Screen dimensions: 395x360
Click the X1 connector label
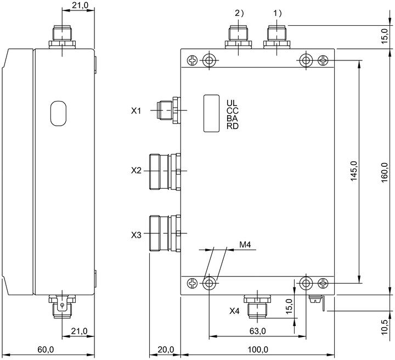click(136, 111)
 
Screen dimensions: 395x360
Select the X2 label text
click(136, 171)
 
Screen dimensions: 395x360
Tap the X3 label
click(136, 235)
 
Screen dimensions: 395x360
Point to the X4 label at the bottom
click(234, 311)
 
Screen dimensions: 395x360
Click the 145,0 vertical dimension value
click(354, 171)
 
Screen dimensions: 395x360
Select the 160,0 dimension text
click(385, 172)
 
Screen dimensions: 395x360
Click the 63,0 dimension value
click(257, 331)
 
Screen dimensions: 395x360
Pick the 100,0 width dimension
click(258, 350)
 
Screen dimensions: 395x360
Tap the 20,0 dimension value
click(166, 350)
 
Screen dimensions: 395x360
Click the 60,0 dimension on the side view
click(46, 350)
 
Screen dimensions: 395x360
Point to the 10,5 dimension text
click(385, 327)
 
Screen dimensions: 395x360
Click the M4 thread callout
click(245, 244)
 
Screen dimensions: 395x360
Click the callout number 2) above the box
click(240, 13)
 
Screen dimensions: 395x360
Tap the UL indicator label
click(232, 103)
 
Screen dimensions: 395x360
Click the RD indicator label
click(232, 126)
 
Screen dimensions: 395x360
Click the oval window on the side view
click(58, 114)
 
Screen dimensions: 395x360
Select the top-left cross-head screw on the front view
click(193, 60)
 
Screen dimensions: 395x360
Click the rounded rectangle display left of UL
click(211, 114)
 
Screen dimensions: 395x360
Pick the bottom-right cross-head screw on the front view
click(323, 283)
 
